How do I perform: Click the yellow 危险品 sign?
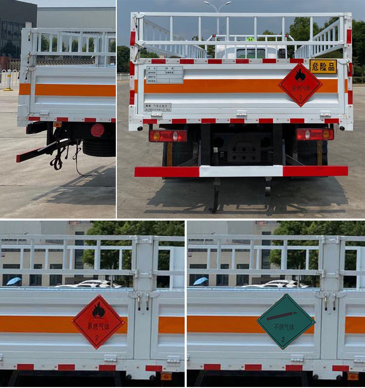[x=323, y=66]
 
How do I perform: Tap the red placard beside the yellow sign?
[x=300, y=84]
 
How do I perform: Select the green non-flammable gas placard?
[x=286, y=321]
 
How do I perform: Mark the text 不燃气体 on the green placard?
[x=285, y=327]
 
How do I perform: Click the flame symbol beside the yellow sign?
[x=300, y=75]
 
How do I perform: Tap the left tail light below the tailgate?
[x=168, y=136]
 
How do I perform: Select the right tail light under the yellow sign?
[x=315, y=134]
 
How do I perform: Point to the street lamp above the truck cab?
[x=218, y=7]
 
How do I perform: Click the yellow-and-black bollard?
[x=8, y=80]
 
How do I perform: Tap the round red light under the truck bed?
[x=98, y=130]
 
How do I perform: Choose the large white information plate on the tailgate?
[x=164, y=74]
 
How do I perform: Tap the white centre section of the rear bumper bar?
[x=241, y=171]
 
